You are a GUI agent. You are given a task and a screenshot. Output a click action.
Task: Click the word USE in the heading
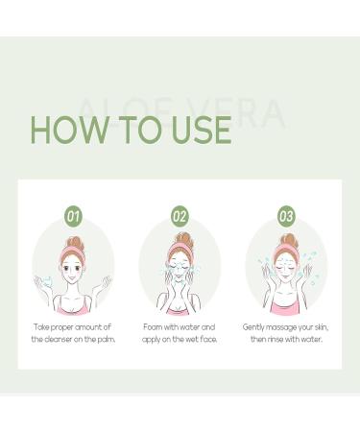[x=197, y=130]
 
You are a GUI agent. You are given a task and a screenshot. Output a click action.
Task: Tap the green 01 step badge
[x=73, y=216]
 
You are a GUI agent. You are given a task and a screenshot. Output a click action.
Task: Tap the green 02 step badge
[x=180, y=216]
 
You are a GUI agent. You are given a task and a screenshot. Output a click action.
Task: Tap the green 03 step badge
[x=286, y=216]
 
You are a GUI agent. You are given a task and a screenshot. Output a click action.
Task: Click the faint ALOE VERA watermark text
[x=180, y=113]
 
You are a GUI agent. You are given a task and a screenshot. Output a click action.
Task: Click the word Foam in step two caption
[x=156, y=326]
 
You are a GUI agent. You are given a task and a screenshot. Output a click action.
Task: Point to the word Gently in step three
[x=256, y=326]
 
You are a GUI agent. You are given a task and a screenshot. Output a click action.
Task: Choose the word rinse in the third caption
[x=283, y=339]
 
